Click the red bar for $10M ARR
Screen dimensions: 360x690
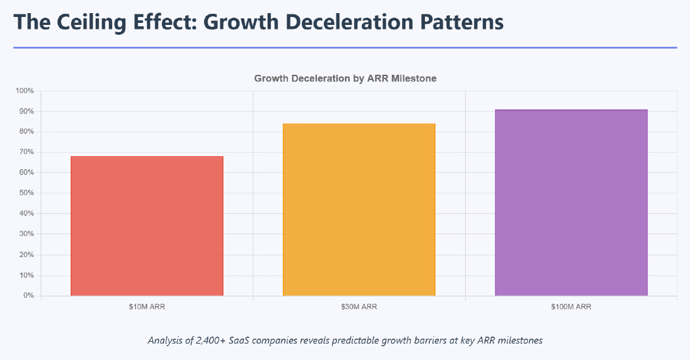tap(147, 226)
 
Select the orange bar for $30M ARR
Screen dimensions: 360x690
tap(359, 210)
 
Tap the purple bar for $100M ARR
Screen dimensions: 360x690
tap(571, 203)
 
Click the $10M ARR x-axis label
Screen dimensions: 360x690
tap(147, 306)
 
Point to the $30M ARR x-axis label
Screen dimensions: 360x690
tap(359, 306)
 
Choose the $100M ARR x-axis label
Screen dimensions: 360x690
tap(571, 306)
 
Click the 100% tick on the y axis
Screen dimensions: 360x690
tap(25, 91)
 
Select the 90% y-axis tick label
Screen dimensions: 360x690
tap(26, 111)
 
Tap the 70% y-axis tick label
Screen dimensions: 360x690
tap(26, 152)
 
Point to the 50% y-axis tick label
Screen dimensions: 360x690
tap(26, 193)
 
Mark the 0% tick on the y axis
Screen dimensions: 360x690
tap(28, 296)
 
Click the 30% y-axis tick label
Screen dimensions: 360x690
tap(26, 234)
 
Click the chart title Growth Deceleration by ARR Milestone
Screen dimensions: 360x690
tap(345, 78)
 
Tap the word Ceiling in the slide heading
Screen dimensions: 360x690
tap(89, 22)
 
